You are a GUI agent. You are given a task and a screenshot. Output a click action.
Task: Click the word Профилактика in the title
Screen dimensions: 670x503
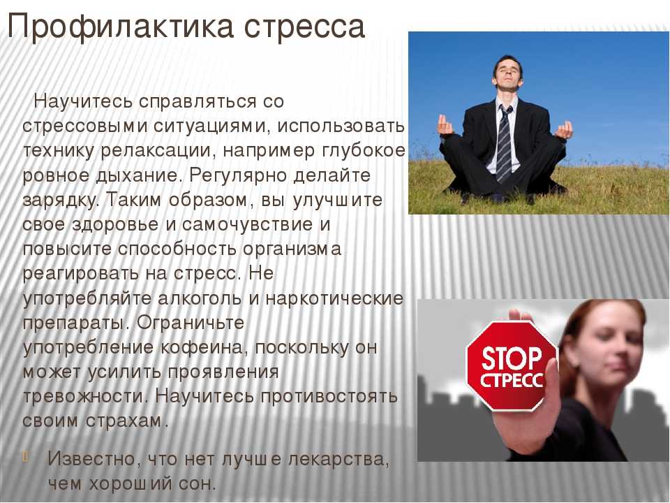click(x=121, y=27)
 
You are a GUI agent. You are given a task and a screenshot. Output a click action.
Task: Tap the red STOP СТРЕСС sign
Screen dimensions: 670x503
click(x=512, y=365)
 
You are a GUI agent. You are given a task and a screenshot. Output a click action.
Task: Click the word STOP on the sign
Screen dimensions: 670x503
click(x=512, y=358)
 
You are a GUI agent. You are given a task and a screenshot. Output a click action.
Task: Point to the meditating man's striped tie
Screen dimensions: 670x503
click(x=504, y=143)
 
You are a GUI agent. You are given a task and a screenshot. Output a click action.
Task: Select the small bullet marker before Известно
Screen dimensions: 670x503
click(x=25, y=456)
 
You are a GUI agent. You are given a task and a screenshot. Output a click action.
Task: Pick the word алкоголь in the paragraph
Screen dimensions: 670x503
click(x=200, y=298)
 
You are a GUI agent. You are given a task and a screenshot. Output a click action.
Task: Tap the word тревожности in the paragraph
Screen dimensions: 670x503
click(x=85, y=397)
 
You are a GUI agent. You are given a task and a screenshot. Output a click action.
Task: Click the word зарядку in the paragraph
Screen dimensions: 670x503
click(x=61, y=201)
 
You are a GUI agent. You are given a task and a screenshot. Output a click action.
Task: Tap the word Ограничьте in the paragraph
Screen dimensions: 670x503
click(x=190, y=323)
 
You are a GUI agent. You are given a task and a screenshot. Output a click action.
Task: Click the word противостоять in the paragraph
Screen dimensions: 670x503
click(x=329, y=397)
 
